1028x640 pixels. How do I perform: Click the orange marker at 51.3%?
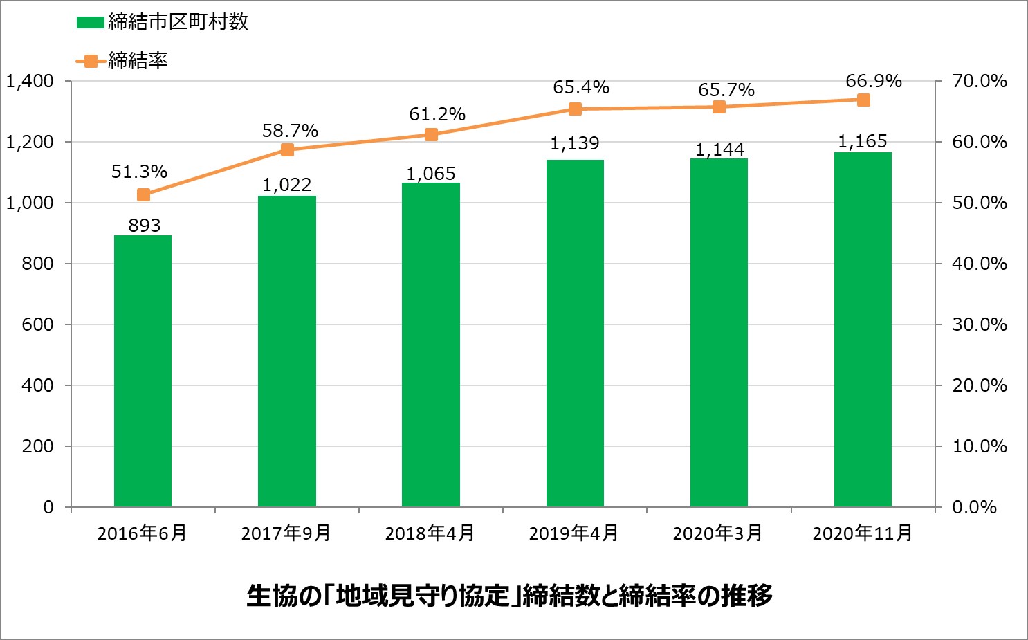(x=143, y=195)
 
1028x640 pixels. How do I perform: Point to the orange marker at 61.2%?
(x=431, y=135)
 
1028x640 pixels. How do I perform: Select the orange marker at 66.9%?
(x=863, y=100)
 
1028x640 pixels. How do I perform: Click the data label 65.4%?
(x=581, y=88)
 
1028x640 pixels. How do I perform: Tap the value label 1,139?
(x=575, y=144)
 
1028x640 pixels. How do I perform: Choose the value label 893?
(x=145, y=226)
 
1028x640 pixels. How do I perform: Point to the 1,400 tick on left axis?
(x=30, y=82)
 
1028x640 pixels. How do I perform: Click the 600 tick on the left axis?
(x=37, y=324)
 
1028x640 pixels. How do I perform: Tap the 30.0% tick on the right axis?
(x=979, y=324)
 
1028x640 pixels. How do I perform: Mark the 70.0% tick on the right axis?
(x=979, y=82)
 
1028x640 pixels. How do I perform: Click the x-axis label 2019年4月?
(x=573, y=533)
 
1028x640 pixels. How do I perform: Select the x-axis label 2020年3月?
(x=717, y=533)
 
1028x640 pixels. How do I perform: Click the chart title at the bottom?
(x=510, y=596)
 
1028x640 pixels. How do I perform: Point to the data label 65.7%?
(x=726, y=91)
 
